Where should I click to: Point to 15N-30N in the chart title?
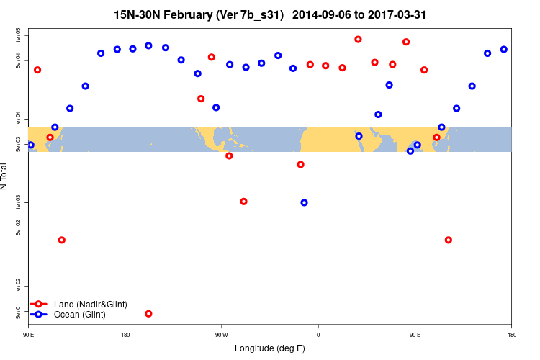click(135, 15)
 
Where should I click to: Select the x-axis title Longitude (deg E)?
click(270, 348)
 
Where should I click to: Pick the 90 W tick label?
click(221, 335)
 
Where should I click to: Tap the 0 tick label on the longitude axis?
click(318, 335)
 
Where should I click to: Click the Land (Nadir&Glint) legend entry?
click(90, 305)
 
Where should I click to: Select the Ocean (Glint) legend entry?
click(79, 315)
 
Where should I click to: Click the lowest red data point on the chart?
click(148, 313)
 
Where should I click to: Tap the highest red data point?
click(359, 40)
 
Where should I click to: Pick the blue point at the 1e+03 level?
click(304, 202)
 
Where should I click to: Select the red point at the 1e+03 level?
click(243, 202)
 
